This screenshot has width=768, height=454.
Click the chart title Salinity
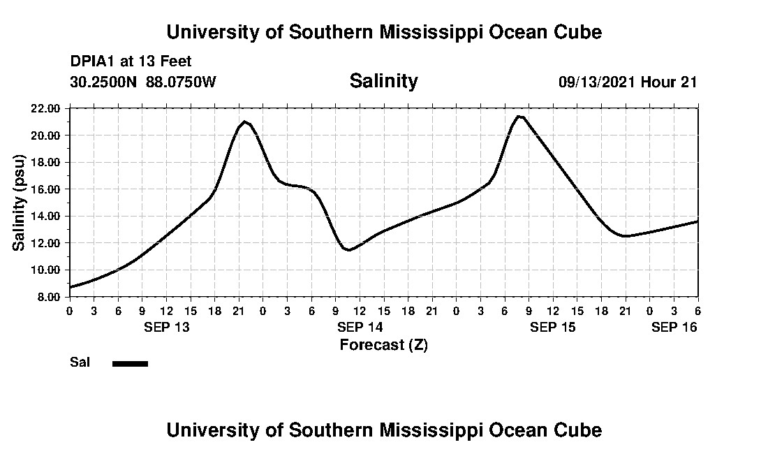[383, 81]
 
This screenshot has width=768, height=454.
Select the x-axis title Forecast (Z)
[383, 344]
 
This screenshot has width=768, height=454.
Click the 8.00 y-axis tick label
[48, 297]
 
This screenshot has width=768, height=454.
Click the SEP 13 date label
[167, 327]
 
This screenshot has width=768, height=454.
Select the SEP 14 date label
[360, 327]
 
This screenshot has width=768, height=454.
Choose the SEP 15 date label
[553, 327]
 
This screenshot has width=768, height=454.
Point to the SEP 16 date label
[674, 327]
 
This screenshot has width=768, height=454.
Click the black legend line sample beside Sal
[130, 363]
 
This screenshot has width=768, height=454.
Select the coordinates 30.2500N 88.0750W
[143, 82]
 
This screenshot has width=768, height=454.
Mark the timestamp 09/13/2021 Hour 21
[628, 82]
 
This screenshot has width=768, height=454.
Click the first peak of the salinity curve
[244, 122]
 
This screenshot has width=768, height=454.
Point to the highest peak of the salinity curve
[519, 116]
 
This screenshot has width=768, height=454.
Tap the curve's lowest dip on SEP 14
[349, 249]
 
